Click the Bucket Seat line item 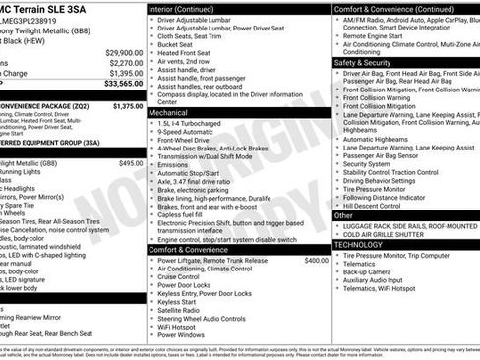tap(175, 44)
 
